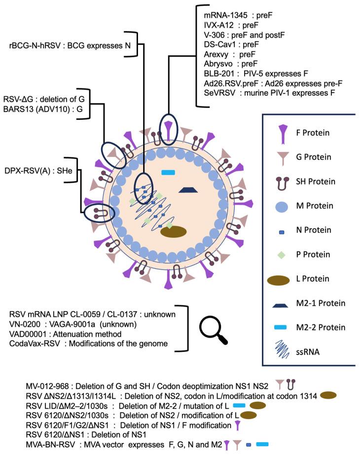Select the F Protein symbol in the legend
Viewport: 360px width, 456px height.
click(x=282, y=134)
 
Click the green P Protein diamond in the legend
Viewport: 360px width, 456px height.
click(x=282, y=255)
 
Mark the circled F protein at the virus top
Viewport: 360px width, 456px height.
click(x=169, y=128)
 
